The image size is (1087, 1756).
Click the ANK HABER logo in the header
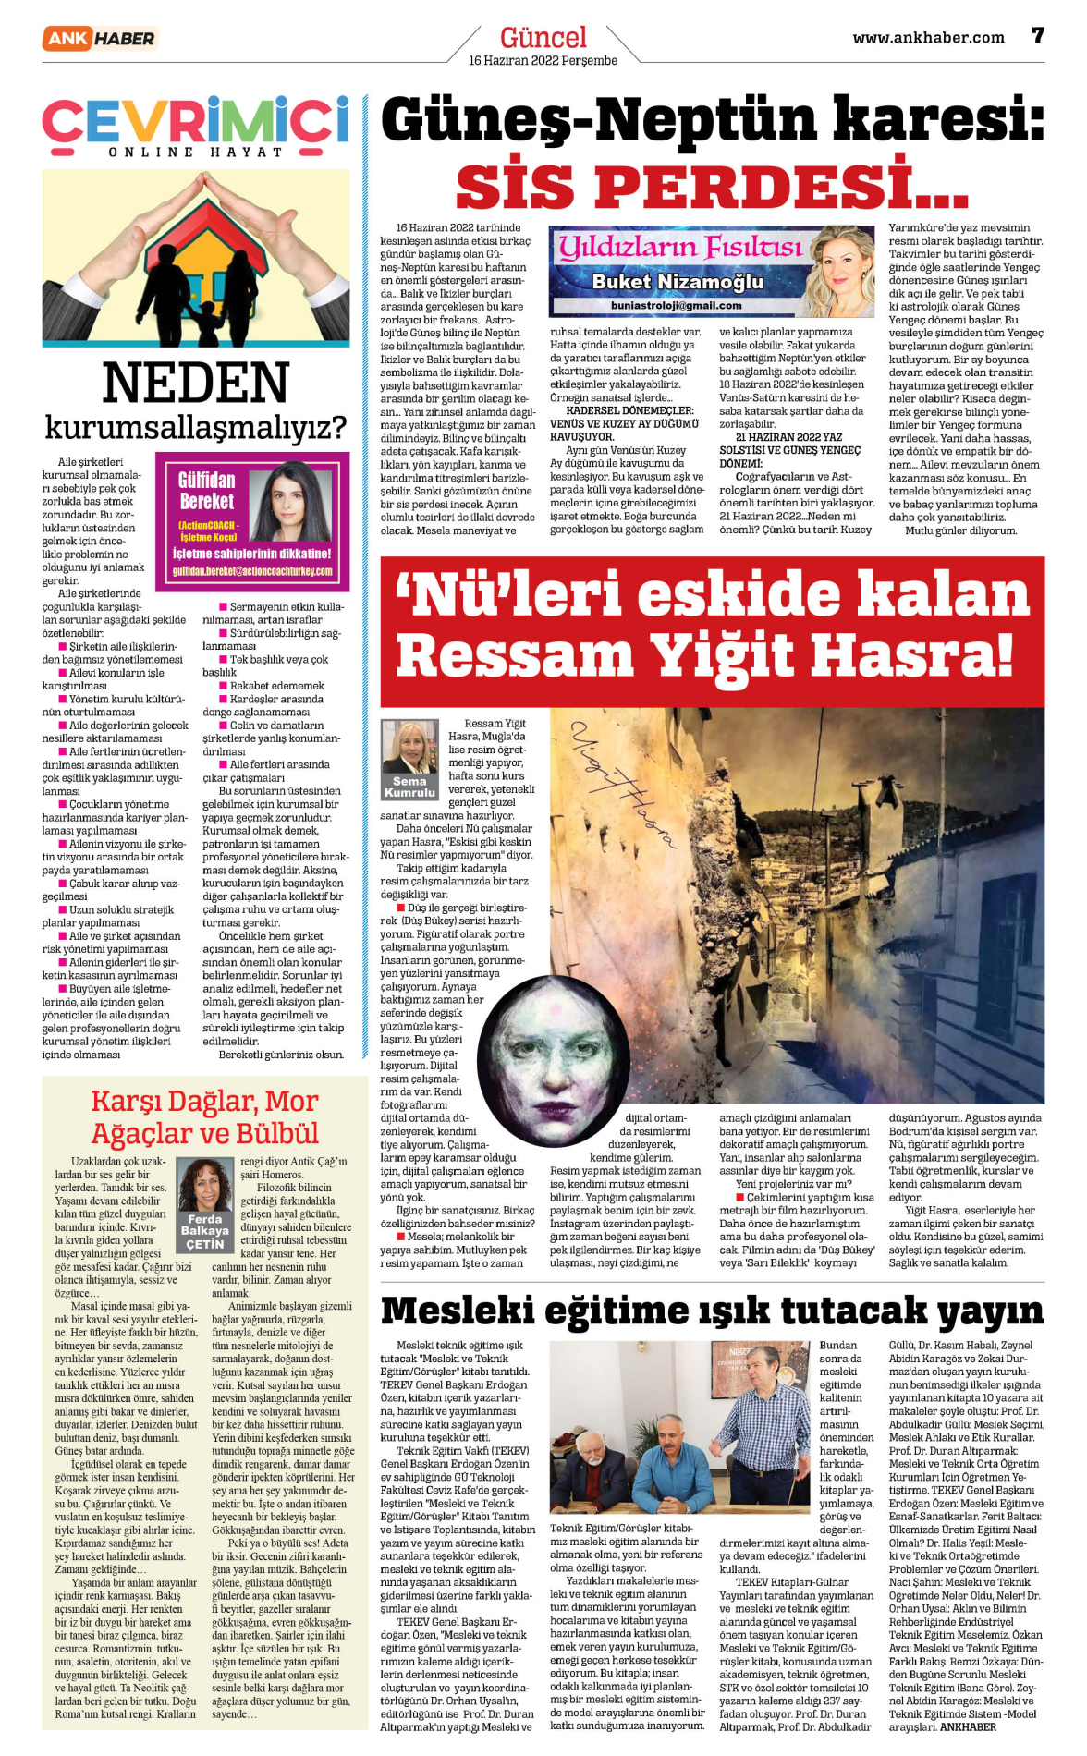(x=99, y=38)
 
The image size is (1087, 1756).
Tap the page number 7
(x=1038, y=36)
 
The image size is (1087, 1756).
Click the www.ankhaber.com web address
(x=928, y=38)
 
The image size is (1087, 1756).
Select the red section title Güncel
(x=543, y=38)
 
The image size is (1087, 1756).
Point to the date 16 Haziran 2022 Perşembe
(x=543, y=61)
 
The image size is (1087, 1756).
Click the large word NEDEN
(x=195, y=384)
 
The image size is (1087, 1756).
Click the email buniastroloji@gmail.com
(x=676, y=305)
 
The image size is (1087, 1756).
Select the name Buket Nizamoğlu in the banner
(x=678, y=281)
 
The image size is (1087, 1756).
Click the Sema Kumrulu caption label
(x=409, y=787)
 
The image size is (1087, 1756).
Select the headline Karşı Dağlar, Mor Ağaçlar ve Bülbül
(x=204, y=1117)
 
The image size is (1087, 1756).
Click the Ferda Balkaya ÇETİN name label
(x=204, y=1231)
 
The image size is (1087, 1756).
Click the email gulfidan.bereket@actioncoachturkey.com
(x=252, y=571)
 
